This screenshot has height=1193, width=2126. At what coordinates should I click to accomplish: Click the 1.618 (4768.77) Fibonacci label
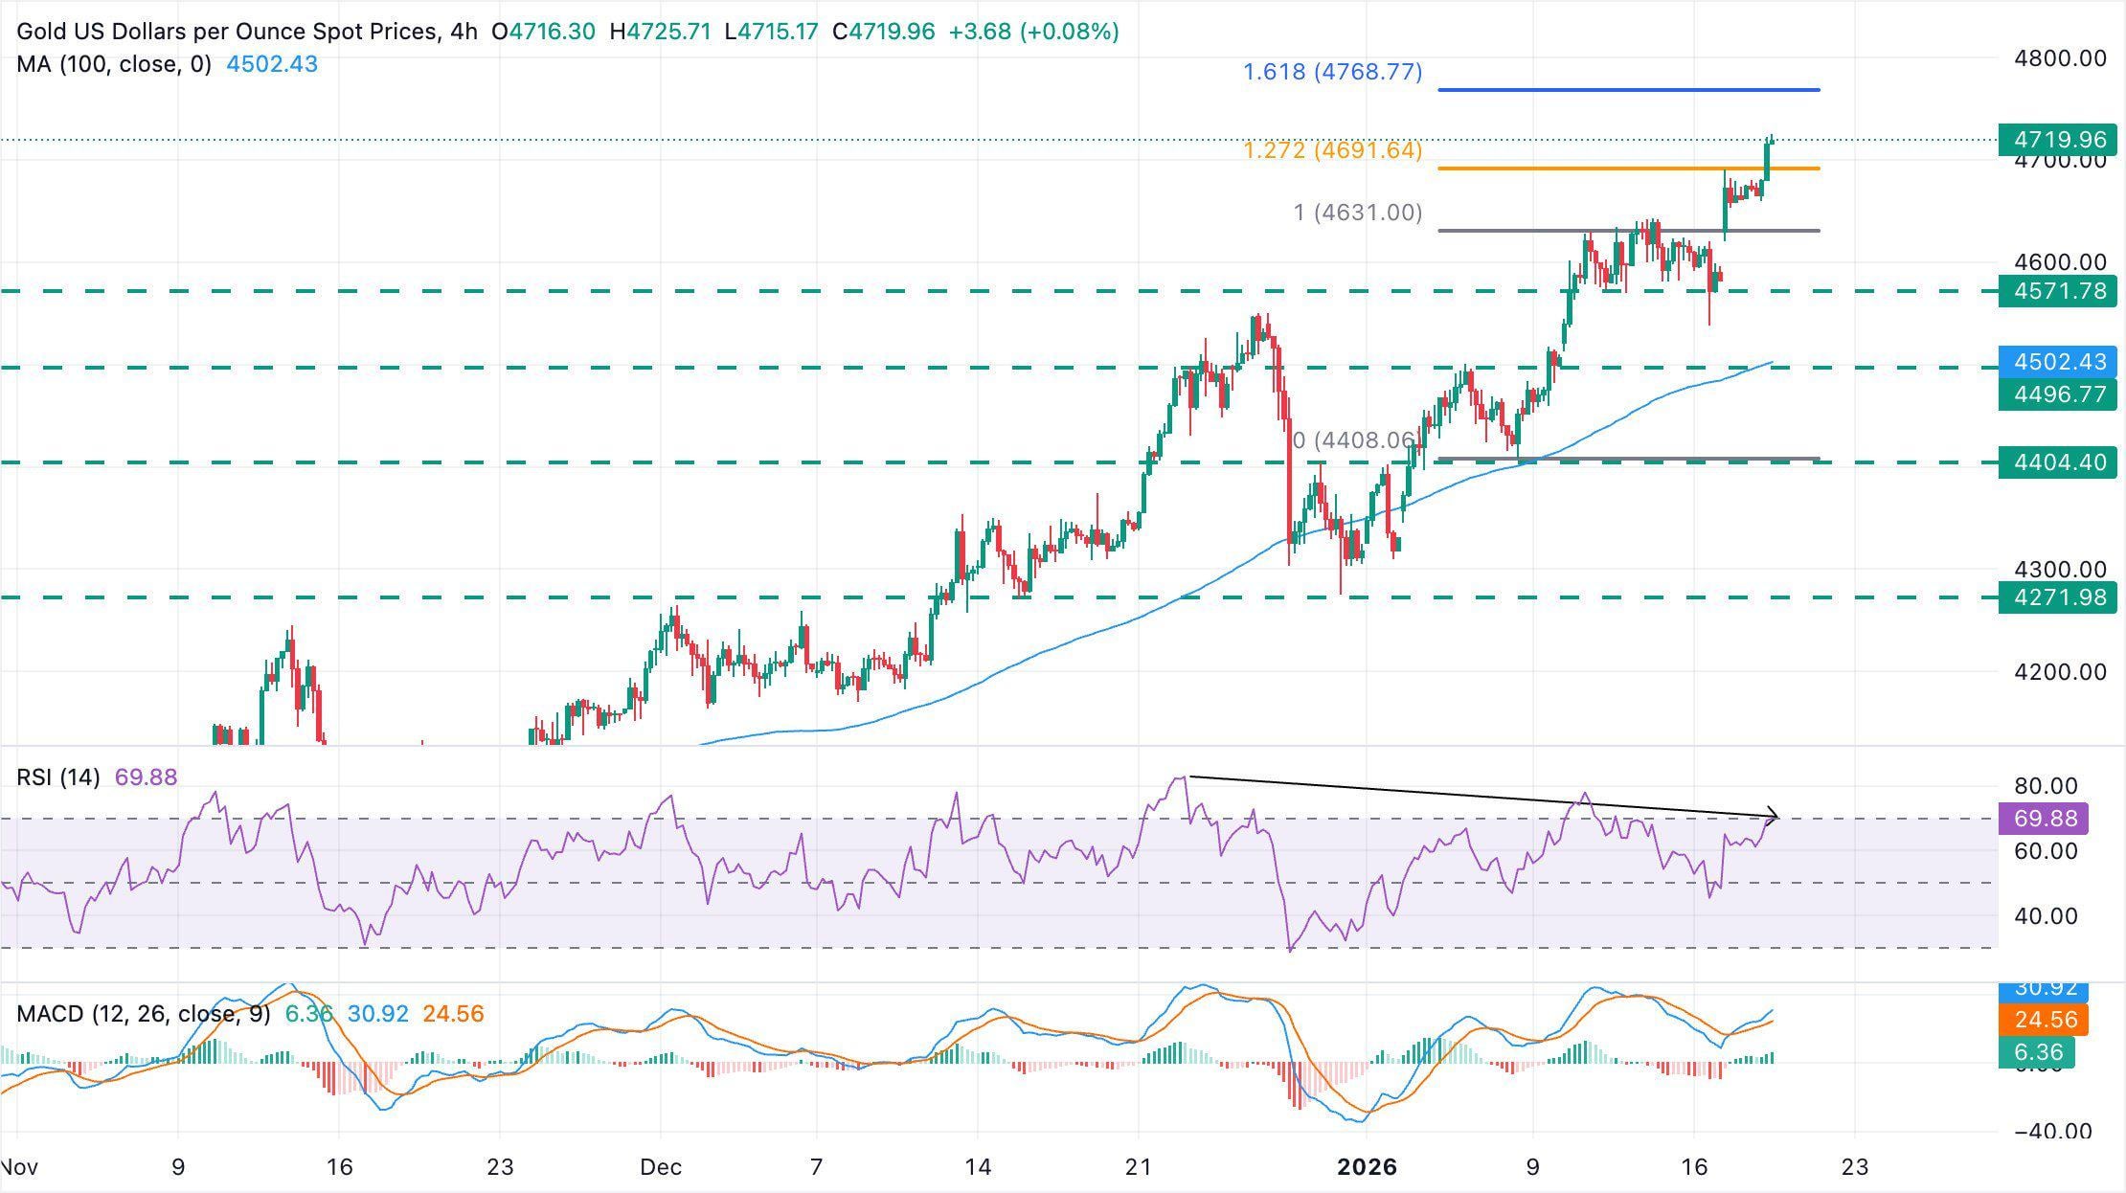click(1332, 72)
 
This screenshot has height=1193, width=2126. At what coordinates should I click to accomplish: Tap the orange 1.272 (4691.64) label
click(1332, 150)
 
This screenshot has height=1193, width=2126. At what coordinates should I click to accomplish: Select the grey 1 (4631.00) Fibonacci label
click(1357, 213)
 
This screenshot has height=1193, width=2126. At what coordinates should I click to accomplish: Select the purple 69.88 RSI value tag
click(2046, 819)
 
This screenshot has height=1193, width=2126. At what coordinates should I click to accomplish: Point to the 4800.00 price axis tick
click(2060, 58)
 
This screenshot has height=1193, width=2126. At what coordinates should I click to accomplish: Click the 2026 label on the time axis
click(1367, 1167)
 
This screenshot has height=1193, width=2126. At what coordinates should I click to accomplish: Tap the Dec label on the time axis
click(661, 1167)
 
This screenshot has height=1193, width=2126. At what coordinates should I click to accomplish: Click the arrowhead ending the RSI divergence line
click(1774, 817)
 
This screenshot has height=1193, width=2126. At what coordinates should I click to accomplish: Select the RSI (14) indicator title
click(58, 777)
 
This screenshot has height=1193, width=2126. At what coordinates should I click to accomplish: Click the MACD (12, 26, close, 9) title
click(144, 1014)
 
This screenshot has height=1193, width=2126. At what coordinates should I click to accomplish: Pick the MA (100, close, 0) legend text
click(114, 64)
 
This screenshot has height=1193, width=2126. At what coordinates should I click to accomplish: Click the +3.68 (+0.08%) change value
click(1033, 32)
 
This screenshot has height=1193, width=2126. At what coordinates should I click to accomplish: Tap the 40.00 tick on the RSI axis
click(2046, 916)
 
